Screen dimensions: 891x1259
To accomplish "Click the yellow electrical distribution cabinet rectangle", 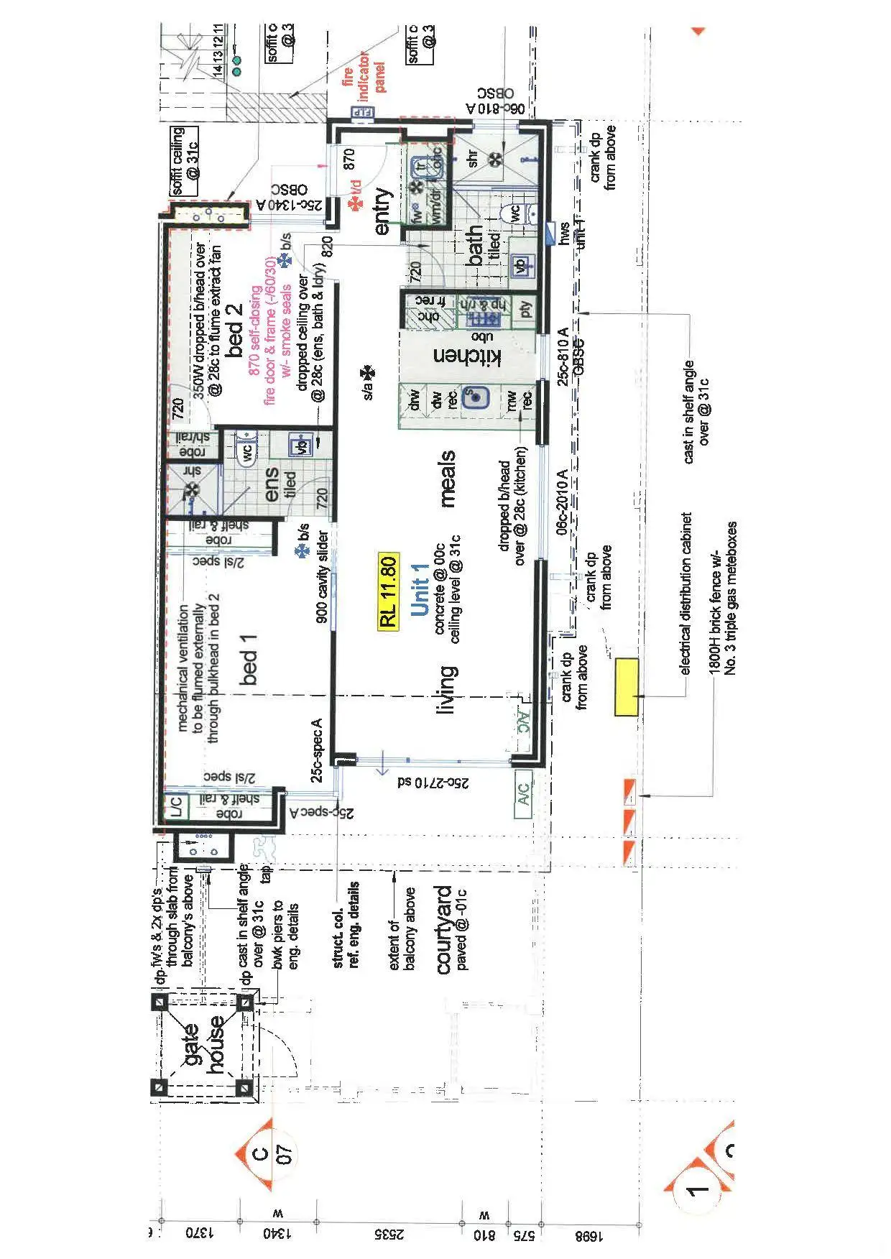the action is point(627,687).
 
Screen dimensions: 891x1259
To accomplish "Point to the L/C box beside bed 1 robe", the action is point(176,807).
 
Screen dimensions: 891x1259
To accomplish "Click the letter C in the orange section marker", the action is point(261,1153).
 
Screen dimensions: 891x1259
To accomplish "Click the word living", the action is point(445,690).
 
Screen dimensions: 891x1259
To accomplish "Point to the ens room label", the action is point(272,485).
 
